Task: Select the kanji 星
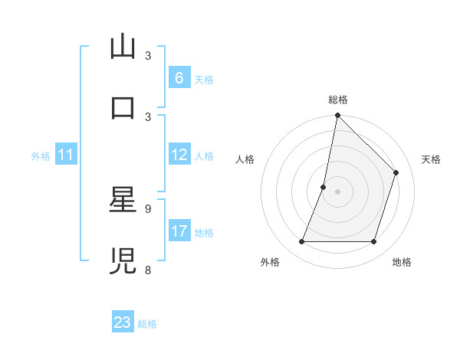click(x=123, y=201)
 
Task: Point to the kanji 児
click(x=123, y=261)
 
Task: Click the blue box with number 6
click(x=179, y=78)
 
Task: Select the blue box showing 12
click(x=179, y=155)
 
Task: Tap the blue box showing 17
click(x=179, y=231)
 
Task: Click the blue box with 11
click(x=65, y=155)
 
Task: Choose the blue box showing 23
click(x=123, y=322)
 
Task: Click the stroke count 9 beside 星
click(x=148, y=208)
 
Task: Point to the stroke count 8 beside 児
click(x=148, y=270)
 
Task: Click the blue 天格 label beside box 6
click(x=204, y=79)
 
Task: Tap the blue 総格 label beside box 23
click(x=147, y=324)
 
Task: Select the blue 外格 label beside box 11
click(x=41, y=155)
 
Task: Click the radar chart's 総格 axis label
click(x=338, y=100)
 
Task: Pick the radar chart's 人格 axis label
click(x=245, y=159)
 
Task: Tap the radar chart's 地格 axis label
click(x=402, y=262)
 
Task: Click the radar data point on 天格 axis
click(x=396, y=172)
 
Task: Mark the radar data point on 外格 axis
click(x=301, y=242)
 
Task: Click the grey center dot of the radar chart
click(x=337, y=191)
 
